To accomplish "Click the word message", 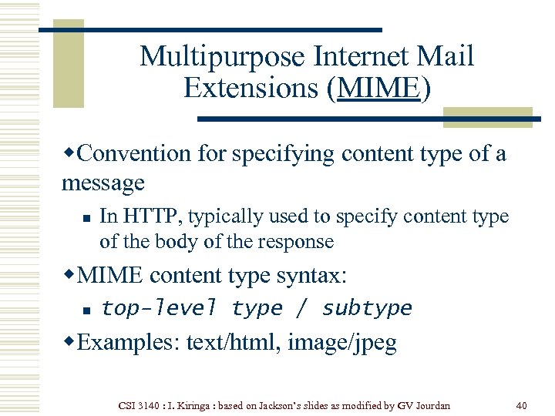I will pos(103,183).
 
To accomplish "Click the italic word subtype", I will pos(367,309).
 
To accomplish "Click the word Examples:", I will pos(129,343).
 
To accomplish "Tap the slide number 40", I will pos(522,404).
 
